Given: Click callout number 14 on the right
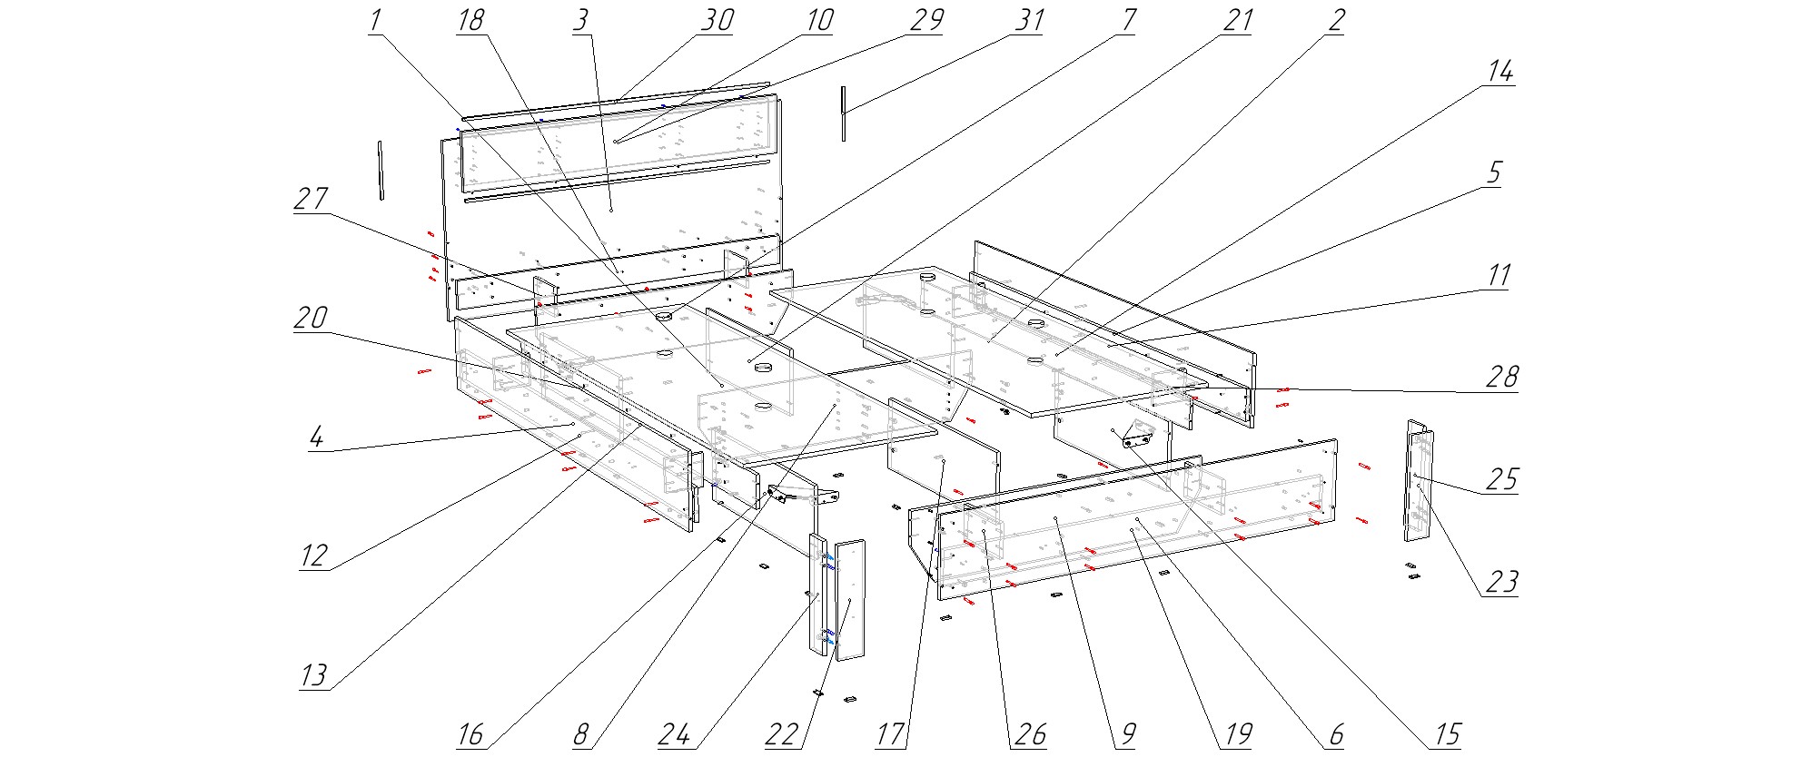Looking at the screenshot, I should coord(1499,73).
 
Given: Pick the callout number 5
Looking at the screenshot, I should coord(1494,173).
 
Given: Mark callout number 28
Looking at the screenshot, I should coord(1501,378).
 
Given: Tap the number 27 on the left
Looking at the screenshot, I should coord(311,200).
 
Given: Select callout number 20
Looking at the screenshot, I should coord(311,319).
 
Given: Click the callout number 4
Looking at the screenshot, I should coord(316,438).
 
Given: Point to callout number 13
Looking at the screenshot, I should coord(313,676).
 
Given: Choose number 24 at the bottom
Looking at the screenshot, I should coord(674,734).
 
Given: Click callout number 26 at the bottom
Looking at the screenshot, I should coord(1030,734).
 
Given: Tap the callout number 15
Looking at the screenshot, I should coord(1447,734).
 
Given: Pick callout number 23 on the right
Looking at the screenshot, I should coord(1501,582).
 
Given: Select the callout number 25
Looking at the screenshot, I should coord(1501,480).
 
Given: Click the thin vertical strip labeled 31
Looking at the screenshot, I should coord(844,113).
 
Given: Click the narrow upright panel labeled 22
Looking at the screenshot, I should coord(850,599).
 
